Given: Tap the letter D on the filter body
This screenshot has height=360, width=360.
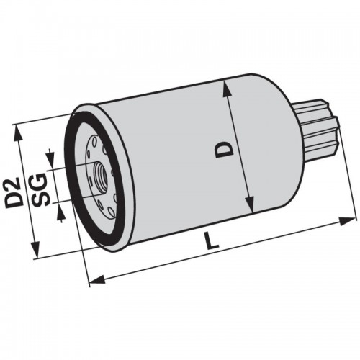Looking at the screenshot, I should pyautogui.click(x=225, y=149).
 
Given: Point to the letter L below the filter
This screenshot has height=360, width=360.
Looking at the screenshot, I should pyautogui.click(x=212, y=242).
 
